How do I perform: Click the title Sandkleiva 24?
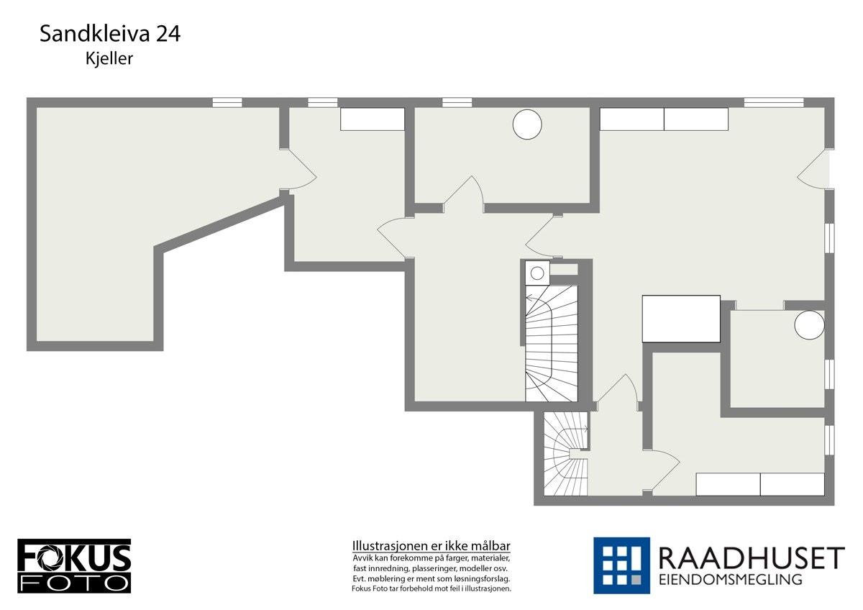109,34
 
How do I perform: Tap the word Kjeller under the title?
109,59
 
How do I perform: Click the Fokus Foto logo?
74,565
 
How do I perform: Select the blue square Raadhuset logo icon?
621,565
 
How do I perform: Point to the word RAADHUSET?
751,558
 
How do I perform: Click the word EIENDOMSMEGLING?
730,580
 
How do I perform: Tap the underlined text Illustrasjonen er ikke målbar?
431,545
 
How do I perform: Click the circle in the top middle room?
526,124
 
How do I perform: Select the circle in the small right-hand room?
809,324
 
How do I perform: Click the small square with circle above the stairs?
536,272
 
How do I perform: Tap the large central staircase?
552,342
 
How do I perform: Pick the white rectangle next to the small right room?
681,319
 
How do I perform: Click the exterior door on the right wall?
815,170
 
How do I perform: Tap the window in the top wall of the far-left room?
227,102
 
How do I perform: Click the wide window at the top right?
774,102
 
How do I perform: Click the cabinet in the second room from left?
373,119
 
